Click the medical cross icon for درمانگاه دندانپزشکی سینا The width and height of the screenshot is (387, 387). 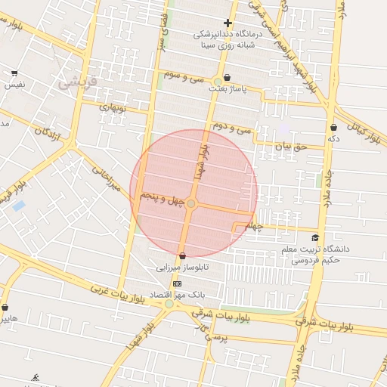pos(228,23)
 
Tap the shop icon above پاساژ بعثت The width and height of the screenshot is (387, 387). pos(227,77)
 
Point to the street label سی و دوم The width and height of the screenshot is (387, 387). pos(231,126)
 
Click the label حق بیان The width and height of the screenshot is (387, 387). pos(291,146)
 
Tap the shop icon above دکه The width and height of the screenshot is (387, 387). pos(333,127)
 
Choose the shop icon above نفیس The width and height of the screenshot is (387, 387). pos(14,73)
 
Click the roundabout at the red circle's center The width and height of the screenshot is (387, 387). pos(192,203)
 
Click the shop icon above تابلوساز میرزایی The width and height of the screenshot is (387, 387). pos(182,256)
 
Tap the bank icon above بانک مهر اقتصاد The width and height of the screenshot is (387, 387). pos(178,283)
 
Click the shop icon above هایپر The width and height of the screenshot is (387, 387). pos(6,308)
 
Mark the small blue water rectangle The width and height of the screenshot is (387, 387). pos(18,205)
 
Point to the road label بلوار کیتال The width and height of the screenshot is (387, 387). pos(363,132)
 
